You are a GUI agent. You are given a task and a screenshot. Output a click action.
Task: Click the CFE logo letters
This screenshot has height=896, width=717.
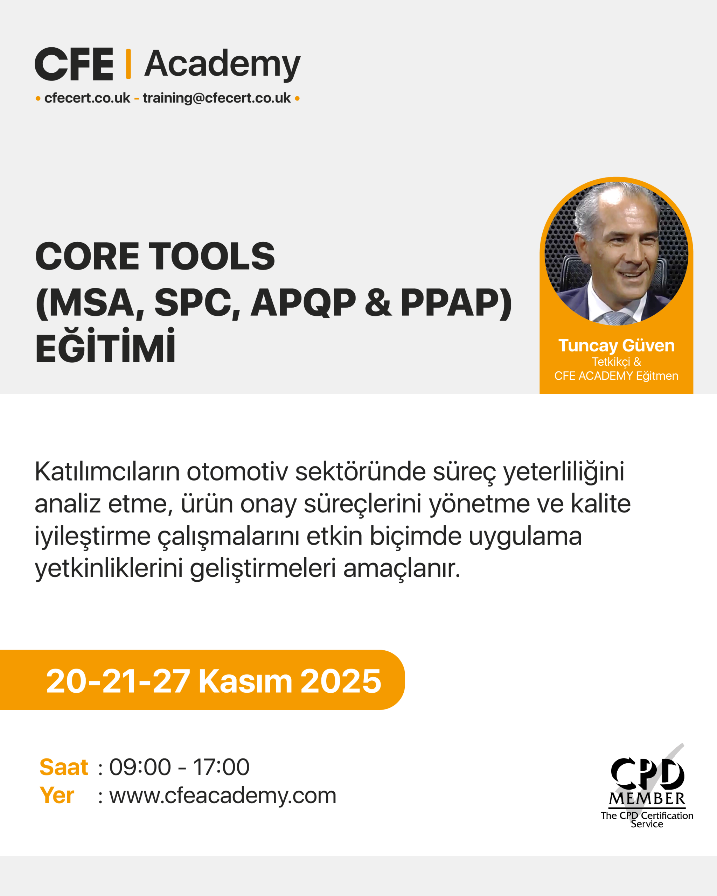pyautogui.click(x=74, y=64)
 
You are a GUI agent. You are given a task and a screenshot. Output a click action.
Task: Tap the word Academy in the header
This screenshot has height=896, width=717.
pyautogui.click(x=222, y=65)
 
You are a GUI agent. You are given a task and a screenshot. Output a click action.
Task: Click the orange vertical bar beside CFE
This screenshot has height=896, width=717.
pyautogui.click(x=128, y=64)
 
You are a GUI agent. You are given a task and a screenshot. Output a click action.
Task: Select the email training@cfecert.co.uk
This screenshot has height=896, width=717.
pyautogui.click(x=217, y=98)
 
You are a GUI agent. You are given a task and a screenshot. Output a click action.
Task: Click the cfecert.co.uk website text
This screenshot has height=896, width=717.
pyautogui.click(x=87, y=98)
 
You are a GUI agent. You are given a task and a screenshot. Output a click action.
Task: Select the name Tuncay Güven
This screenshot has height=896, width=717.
pyautogui.click(x=616, y=345)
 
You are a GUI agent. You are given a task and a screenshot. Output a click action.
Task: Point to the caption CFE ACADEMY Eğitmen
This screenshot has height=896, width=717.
pyautogui.click(x=616, y=376)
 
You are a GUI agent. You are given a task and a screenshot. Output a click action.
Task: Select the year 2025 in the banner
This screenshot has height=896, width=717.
pyautogui.click(x=340, y=681)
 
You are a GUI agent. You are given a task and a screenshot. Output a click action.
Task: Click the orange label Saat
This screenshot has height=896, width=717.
pyautogui.click(x=64, y=767)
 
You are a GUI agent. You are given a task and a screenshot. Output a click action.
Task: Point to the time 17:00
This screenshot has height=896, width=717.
pyautogui.click(x=221, y=767)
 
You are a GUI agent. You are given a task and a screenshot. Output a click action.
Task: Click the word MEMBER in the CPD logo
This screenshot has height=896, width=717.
pyautogui.click(x=647, y=798)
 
